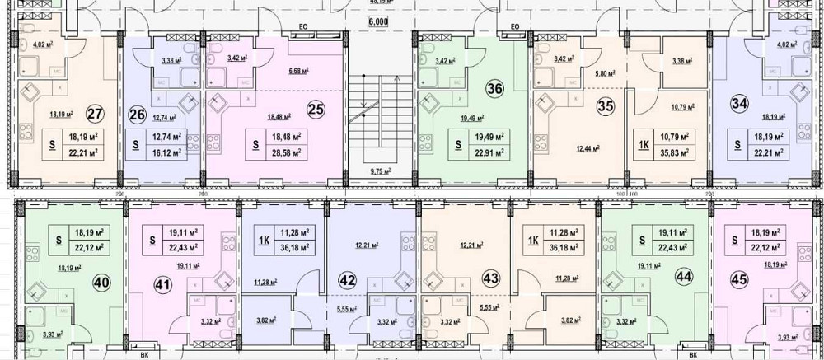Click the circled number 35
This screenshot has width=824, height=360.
click(x=606, y=105)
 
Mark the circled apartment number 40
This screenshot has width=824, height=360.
click(x=103, y=282)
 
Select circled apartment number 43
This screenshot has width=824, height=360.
click(x=490, y=278)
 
